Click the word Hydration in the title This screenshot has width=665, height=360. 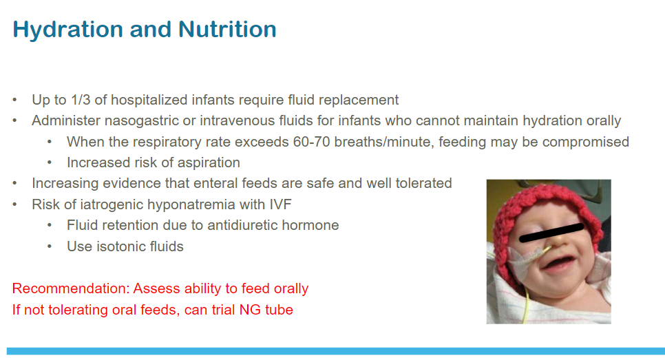(x=68, y=30)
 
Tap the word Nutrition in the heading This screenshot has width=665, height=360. (x=227, y=30)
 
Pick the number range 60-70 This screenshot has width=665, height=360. (x=311, y=142)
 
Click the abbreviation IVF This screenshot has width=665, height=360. (x=280, y=204)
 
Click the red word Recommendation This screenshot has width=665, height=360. (x=70, y=288)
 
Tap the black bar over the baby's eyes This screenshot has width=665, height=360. (x=552, y=233)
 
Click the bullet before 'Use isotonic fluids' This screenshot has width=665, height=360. (x=50, y=246)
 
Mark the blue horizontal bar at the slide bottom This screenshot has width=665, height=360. (x=336, y=351)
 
